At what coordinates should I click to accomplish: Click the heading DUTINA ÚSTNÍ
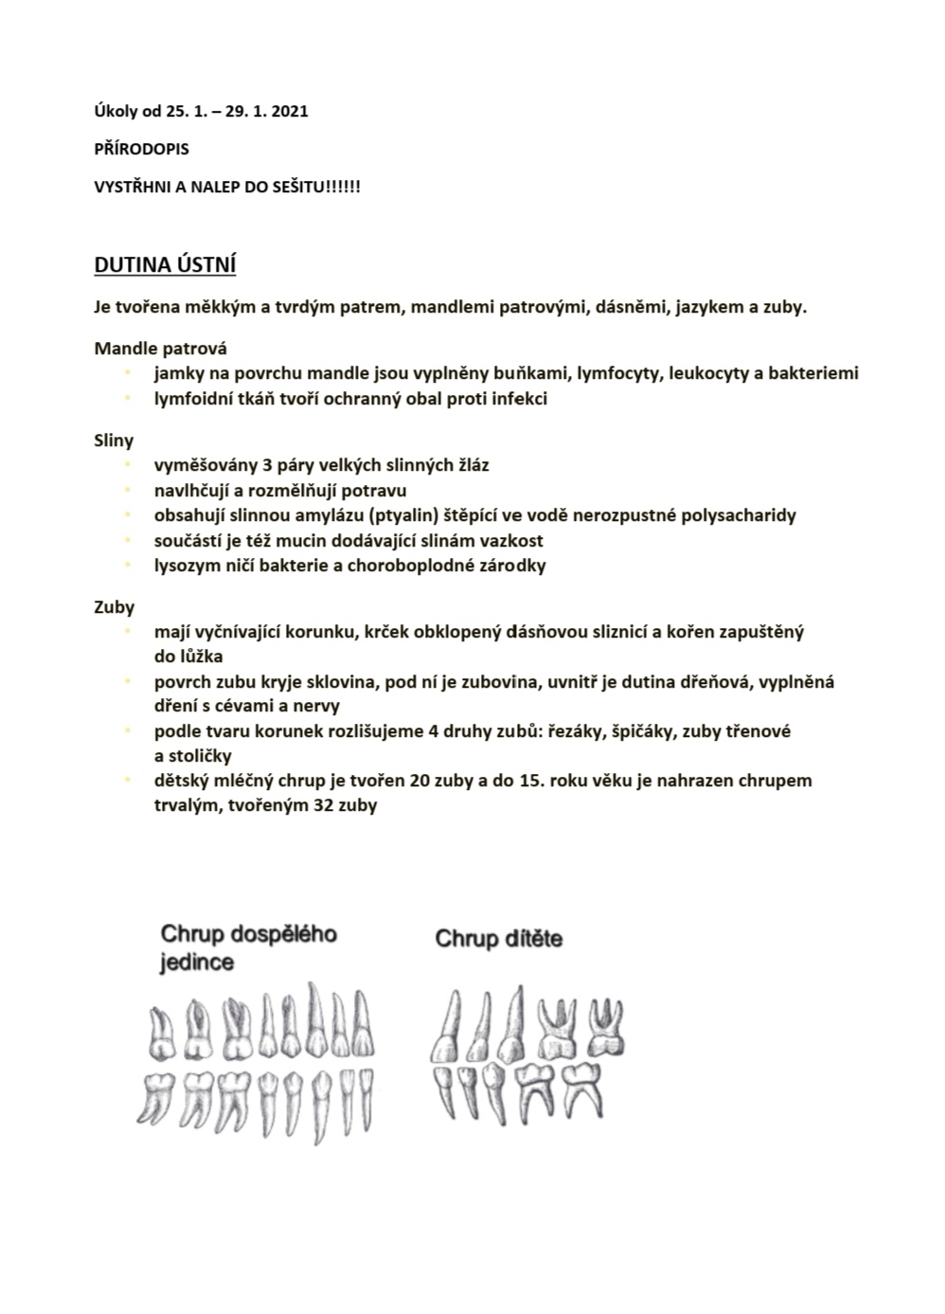coord(165,265)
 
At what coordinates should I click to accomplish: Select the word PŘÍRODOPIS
coord(141,149)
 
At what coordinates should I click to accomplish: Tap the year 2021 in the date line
coord(289,111)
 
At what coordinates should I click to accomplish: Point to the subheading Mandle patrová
coord(160,349)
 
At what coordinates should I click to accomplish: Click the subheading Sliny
coord(114,441)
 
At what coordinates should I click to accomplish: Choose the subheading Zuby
coord(114,607)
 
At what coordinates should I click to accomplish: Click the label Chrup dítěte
coord(499,939)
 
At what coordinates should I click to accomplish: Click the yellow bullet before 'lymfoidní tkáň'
coord(126,399)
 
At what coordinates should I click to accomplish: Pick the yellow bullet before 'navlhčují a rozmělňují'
coord(126,491)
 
